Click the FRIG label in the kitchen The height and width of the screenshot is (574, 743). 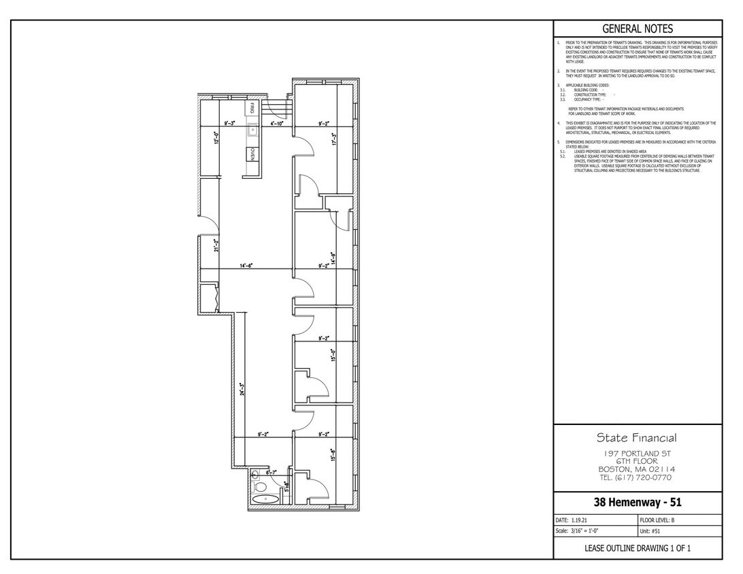pos(252,108)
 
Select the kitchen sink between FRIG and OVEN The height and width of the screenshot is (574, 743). pos(252,128)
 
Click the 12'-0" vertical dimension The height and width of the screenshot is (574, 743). pos(216,138)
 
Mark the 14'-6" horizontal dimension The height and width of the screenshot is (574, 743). pos(246,266)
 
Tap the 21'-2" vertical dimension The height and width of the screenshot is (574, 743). pos(216,245)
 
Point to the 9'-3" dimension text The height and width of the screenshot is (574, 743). pos(231,124)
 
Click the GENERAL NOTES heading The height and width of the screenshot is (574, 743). pos(638,29)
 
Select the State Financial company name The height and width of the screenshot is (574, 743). pos(637,437)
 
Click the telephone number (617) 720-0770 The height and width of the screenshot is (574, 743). pos(637,477)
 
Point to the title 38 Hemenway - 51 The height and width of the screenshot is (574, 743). pos(638,503)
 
